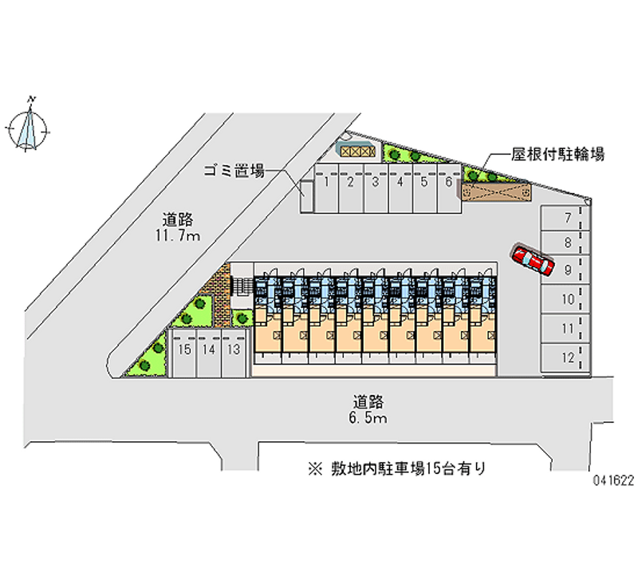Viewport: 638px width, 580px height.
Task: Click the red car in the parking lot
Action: tap(532, 259)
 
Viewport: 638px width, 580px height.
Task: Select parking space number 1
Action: tap(326, 188)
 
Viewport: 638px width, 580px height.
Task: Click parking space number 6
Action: tap(449, 188)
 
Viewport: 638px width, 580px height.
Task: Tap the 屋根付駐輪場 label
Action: tap(557, 154)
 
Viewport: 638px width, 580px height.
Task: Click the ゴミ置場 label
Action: tap(234, 171)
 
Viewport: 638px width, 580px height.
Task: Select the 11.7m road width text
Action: tap(177, 235)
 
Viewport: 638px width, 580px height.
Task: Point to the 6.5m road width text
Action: tap(368, 418)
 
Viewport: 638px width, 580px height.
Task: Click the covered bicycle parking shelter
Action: tap(496, 191)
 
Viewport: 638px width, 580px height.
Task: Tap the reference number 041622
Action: tap(613, 481)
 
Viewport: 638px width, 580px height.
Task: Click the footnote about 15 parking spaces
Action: tap(397, 469)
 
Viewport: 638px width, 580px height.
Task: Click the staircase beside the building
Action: tap(242, 286)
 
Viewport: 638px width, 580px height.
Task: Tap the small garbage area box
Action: tap(307, 196)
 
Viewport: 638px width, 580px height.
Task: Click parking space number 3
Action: tap(376, 188)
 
